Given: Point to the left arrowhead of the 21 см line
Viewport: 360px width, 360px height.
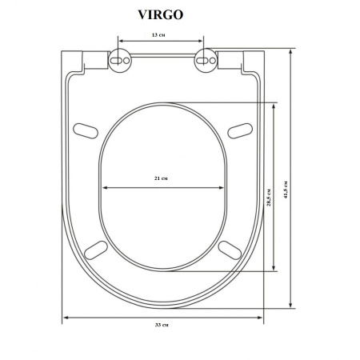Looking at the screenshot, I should coord(105,189).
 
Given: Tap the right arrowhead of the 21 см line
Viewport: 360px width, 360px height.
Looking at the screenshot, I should coord(222,189).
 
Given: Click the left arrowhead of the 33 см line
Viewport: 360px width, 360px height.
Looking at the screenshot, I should coord(66,318).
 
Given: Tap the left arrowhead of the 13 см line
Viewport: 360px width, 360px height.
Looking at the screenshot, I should coord(121,42).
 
